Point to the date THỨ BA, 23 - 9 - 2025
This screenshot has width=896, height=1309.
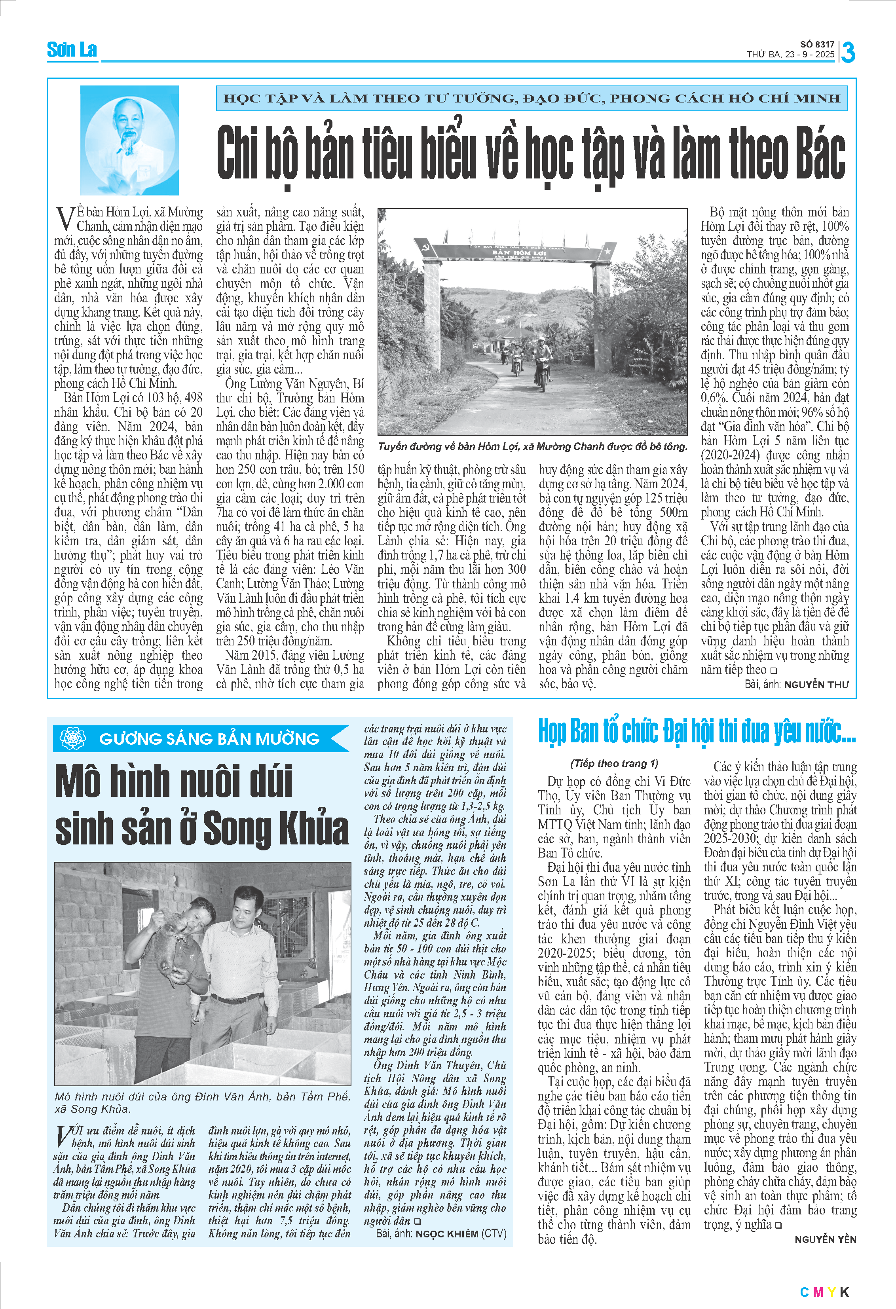pyautogui.click(x=791, y=55)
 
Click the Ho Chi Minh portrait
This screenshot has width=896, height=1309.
pyautogui.click(x=129, y=140)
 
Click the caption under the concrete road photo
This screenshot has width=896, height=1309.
pyautogui.click(x=532, y=446)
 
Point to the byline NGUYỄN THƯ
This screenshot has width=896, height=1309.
pyautogui.click(x=816, y=684)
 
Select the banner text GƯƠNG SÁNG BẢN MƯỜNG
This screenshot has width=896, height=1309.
pyautogui.click(x=209, y=738)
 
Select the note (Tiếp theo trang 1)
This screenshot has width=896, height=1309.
pyautogui.click(x=614, y=763)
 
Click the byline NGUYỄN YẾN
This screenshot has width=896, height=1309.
pyautogui.click(x=825, y=1239)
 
